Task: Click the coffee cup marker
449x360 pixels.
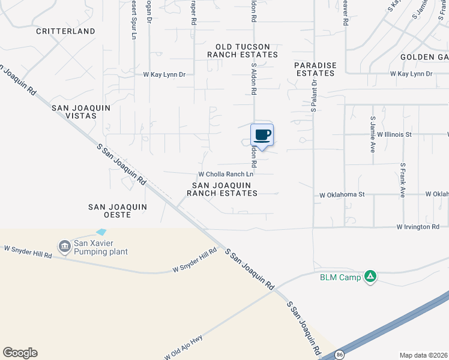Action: click(x=262, y=134)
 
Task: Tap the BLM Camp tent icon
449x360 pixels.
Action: click(x=371, y=277)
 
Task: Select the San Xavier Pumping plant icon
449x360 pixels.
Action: click(x=64, y=246)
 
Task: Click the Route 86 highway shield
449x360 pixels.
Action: click(x=340, y=354)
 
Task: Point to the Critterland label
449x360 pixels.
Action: click(x=65, y=31)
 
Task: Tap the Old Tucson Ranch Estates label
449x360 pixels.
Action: click(x=243, y=50)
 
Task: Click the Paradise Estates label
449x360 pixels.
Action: click(x=315, y=69)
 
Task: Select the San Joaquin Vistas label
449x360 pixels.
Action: click(x=74, y=111)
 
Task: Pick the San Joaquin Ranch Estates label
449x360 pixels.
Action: click(x=222, y=189)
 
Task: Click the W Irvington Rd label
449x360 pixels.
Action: click(x=418, y=227)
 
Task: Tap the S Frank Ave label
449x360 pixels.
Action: click(x=402, y=180)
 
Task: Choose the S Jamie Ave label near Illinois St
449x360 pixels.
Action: click(x=373, y=134)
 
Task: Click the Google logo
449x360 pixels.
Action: click(x=20, y=353)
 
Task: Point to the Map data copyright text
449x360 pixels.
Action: click(x=423, y=355)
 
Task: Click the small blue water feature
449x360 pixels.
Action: click(x=101, y=232)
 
